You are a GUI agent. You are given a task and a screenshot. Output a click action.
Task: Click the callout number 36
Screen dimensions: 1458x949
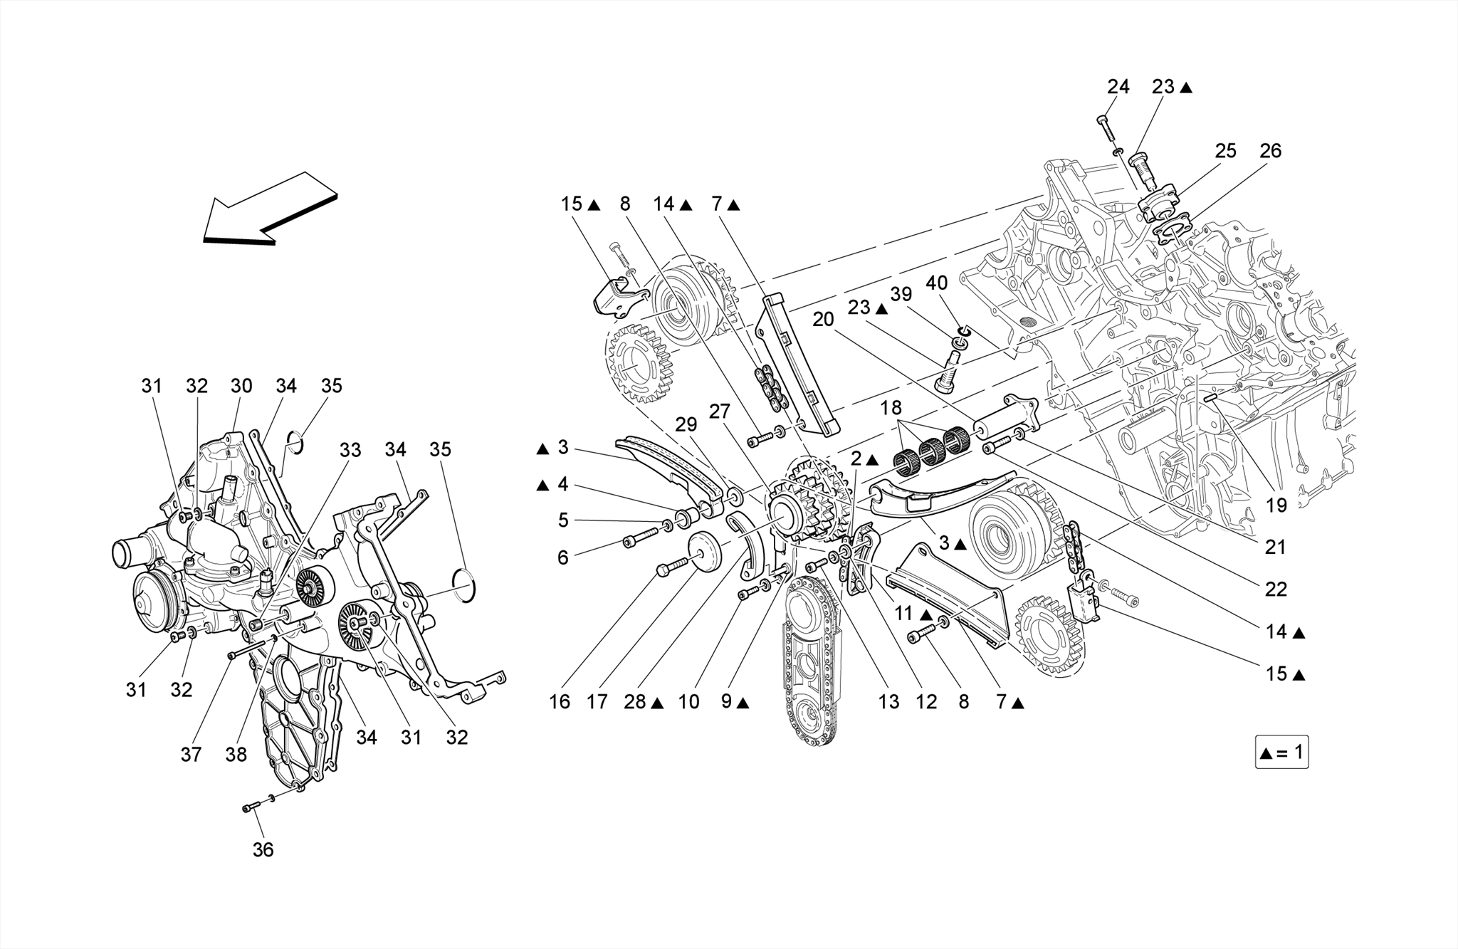[x=263, y=849]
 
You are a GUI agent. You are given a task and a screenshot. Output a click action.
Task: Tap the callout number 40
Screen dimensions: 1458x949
[x=937, y=283]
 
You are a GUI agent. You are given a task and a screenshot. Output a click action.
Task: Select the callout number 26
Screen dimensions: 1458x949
[x=1270, y=151]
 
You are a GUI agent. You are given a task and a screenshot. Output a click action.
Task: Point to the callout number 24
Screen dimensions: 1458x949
[x=1118, y=87]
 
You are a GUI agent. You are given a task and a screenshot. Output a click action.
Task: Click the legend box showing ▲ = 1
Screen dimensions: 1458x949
[x=1281, y=753]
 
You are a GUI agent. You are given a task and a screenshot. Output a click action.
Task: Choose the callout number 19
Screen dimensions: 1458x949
[x=1276, y=505]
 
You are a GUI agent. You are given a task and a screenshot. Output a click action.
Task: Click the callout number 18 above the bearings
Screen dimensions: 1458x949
[x=891, y=408]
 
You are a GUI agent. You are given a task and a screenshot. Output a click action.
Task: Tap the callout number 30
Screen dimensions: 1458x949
[x=241, y=386]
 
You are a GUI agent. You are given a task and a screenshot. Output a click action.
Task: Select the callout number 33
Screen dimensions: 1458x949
[x=350, y=450]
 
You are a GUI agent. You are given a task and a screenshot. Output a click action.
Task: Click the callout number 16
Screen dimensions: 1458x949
[x=560, y=702]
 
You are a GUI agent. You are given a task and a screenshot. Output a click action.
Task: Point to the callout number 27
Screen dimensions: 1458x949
[x=720, y=411]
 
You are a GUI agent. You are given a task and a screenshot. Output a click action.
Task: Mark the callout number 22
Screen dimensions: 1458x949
[x=1276, y=589]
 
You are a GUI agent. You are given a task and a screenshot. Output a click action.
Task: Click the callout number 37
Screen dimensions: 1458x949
[x=191, y=755]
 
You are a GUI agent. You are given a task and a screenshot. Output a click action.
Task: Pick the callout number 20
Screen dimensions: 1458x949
[x=823, y=320]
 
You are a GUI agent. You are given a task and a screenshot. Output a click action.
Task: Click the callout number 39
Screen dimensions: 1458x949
[x=901, y=294]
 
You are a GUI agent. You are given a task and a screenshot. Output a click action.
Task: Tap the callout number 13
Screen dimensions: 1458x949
[x=888, y=702]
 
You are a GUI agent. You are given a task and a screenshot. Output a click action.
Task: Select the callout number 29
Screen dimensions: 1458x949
[x=686, y=425]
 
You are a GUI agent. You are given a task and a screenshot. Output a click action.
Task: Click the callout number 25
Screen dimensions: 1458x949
[x=1225, y=151]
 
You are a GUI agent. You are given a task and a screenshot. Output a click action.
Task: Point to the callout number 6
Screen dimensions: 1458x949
[x=562, y=557]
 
